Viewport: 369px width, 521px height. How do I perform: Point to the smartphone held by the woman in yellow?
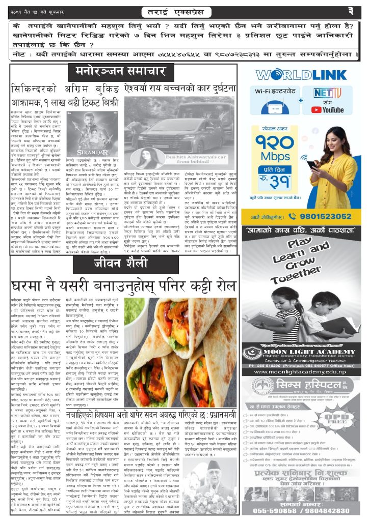coord(311,165)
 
